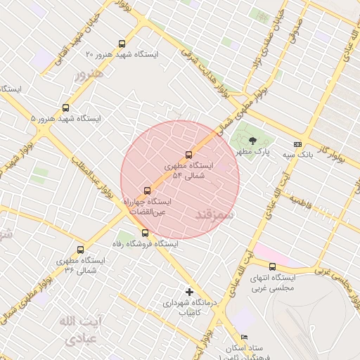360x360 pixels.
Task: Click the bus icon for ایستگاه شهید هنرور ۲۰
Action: [122, 44]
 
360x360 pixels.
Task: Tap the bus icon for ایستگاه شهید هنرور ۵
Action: [65, 108]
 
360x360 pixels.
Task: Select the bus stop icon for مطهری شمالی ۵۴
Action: [188, 155]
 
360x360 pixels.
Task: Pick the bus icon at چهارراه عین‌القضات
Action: [147, 191]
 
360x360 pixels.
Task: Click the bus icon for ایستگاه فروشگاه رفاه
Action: [145, 233]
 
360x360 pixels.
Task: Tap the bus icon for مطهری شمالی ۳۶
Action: [79, 250]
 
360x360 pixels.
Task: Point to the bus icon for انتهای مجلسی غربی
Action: [273, 266]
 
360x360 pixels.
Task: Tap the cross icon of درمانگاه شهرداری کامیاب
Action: [188, 292]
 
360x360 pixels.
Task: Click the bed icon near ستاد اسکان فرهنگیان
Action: [244, 337]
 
